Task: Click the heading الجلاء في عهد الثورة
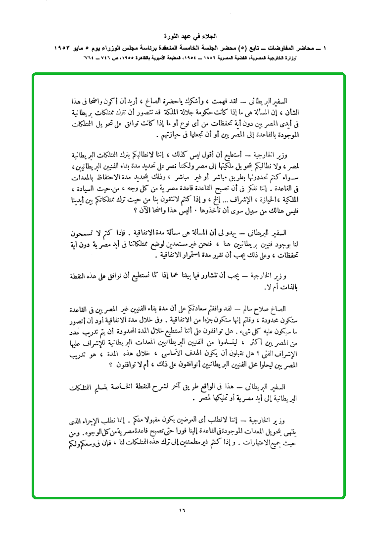click(x=187, y=37)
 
